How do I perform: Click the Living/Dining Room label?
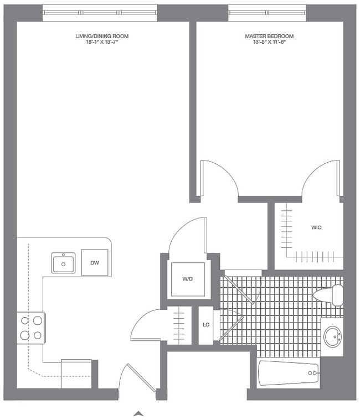pos(102,36)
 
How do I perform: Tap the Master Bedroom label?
pos(269,36)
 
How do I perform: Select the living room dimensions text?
pos(102,43)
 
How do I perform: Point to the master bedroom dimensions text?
pos(269,43)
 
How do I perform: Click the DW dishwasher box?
pos(95,262)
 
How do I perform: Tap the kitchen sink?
pos(64,263)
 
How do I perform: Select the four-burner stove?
pos(31,328)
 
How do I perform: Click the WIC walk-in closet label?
pos(316,227)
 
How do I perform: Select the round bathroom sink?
pos(332,336)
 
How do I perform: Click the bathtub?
pos(289,374)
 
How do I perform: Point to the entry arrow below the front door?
pos(139,413)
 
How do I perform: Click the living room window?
pos(100,11)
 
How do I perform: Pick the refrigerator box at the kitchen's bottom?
pos(76,374)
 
